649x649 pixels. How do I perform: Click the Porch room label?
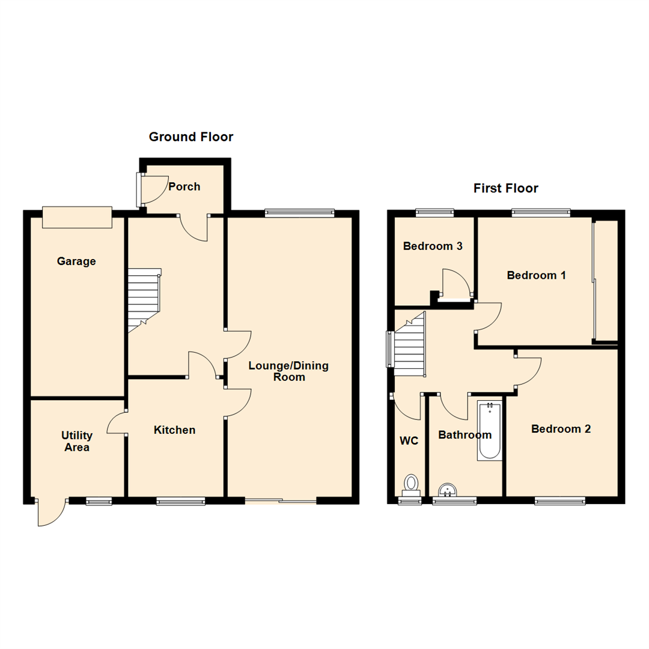coord(184,186)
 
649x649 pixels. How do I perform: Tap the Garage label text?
coord(76,261)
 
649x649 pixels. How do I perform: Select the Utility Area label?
coord(76,441)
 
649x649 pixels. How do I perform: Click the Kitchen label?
coord(174,430)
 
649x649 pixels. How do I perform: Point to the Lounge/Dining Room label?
coord(288,371)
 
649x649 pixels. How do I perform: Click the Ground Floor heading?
coord(191,137)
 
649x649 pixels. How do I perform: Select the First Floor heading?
coord(505,188)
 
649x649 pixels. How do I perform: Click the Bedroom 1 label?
coord(537,275)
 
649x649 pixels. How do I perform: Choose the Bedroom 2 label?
coord(561,428)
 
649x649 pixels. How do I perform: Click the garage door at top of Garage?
coord(77,217)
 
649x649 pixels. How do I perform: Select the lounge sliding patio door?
coord(281,500)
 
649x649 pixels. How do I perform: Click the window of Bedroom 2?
coord(560,500)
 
